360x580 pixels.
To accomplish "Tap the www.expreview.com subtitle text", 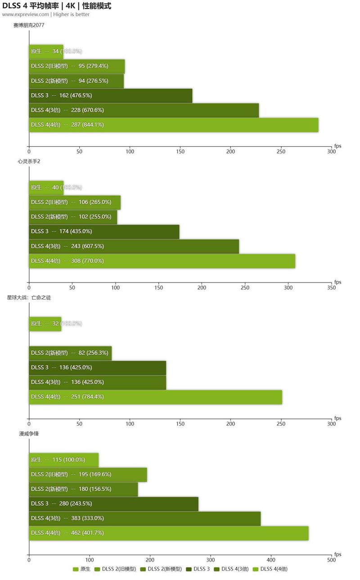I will pos(26,14).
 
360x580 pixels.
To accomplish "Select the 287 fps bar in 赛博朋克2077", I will pos(173,125).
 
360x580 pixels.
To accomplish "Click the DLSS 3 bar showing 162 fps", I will pos(110,95).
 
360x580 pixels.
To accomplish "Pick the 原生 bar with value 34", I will pos(46,51).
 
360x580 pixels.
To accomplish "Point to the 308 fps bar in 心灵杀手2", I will pos(162,261).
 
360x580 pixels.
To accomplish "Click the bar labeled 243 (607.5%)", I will pos(134,246).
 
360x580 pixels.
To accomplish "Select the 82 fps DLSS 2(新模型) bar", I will pos(70,353).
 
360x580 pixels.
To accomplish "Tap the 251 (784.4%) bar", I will pos(155,397).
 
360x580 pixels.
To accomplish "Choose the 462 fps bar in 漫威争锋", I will pos(168,533).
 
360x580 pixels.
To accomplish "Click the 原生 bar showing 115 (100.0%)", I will pos(63,460).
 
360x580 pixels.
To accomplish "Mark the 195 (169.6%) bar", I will pos(88,474).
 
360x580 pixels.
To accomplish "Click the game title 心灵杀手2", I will pos(23,161).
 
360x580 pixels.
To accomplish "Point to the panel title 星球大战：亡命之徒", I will pos(29,297).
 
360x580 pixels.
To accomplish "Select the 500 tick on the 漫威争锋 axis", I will pos(332,560).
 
